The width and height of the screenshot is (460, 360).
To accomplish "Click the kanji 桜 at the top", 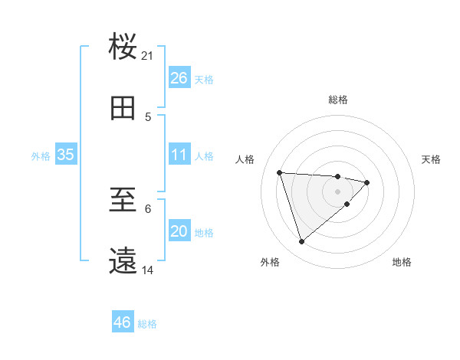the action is coord(123,46).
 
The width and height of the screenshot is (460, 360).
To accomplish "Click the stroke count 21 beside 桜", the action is coord(148,55).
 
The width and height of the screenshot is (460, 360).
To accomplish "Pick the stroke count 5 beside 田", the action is coord(148,116).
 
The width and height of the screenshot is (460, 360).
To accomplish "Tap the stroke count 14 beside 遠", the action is coord(148,270).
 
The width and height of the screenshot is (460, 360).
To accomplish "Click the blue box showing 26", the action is coord(179,78).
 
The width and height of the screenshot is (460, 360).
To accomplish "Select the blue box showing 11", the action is coord(179,155).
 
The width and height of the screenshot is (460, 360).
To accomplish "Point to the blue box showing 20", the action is coord(179,231).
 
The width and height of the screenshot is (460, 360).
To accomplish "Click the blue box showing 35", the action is coord(65,155).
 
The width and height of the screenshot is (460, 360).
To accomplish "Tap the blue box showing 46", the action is coord(122,322).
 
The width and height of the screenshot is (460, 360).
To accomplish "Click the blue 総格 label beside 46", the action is coord(147,324).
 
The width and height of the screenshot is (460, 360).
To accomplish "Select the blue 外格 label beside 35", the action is coord(41,156).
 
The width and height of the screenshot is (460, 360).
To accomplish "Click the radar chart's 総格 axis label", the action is coord(338,100).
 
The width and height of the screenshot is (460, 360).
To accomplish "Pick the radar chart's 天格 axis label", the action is coord(432,159).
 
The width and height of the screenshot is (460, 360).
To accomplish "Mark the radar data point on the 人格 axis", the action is coord(280,172).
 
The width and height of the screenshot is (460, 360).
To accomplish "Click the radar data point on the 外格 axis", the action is coord(301,242).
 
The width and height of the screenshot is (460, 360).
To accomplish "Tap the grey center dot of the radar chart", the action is coord(338,191).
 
